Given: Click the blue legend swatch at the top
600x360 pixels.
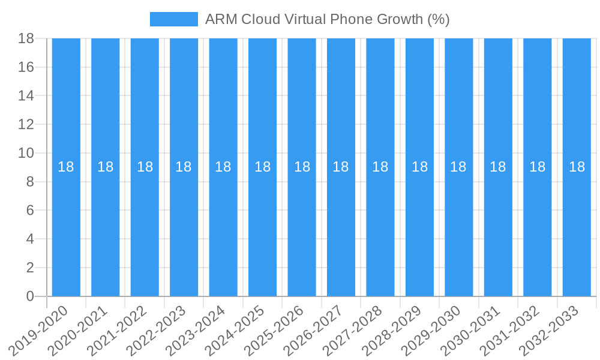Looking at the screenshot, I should point(173,19).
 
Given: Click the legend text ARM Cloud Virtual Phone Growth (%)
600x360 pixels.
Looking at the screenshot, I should point(327,19).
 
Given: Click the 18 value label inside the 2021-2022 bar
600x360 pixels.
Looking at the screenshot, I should point(145,167).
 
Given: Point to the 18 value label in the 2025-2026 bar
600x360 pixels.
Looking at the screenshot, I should point(302,167).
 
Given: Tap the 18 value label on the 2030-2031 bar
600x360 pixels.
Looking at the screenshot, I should point(498,167).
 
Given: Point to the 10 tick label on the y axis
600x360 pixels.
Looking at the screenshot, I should point(26,153).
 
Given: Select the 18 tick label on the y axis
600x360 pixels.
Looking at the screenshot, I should point(26,38).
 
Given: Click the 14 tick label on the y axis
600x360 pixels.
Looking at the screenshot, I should point(26,95).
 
